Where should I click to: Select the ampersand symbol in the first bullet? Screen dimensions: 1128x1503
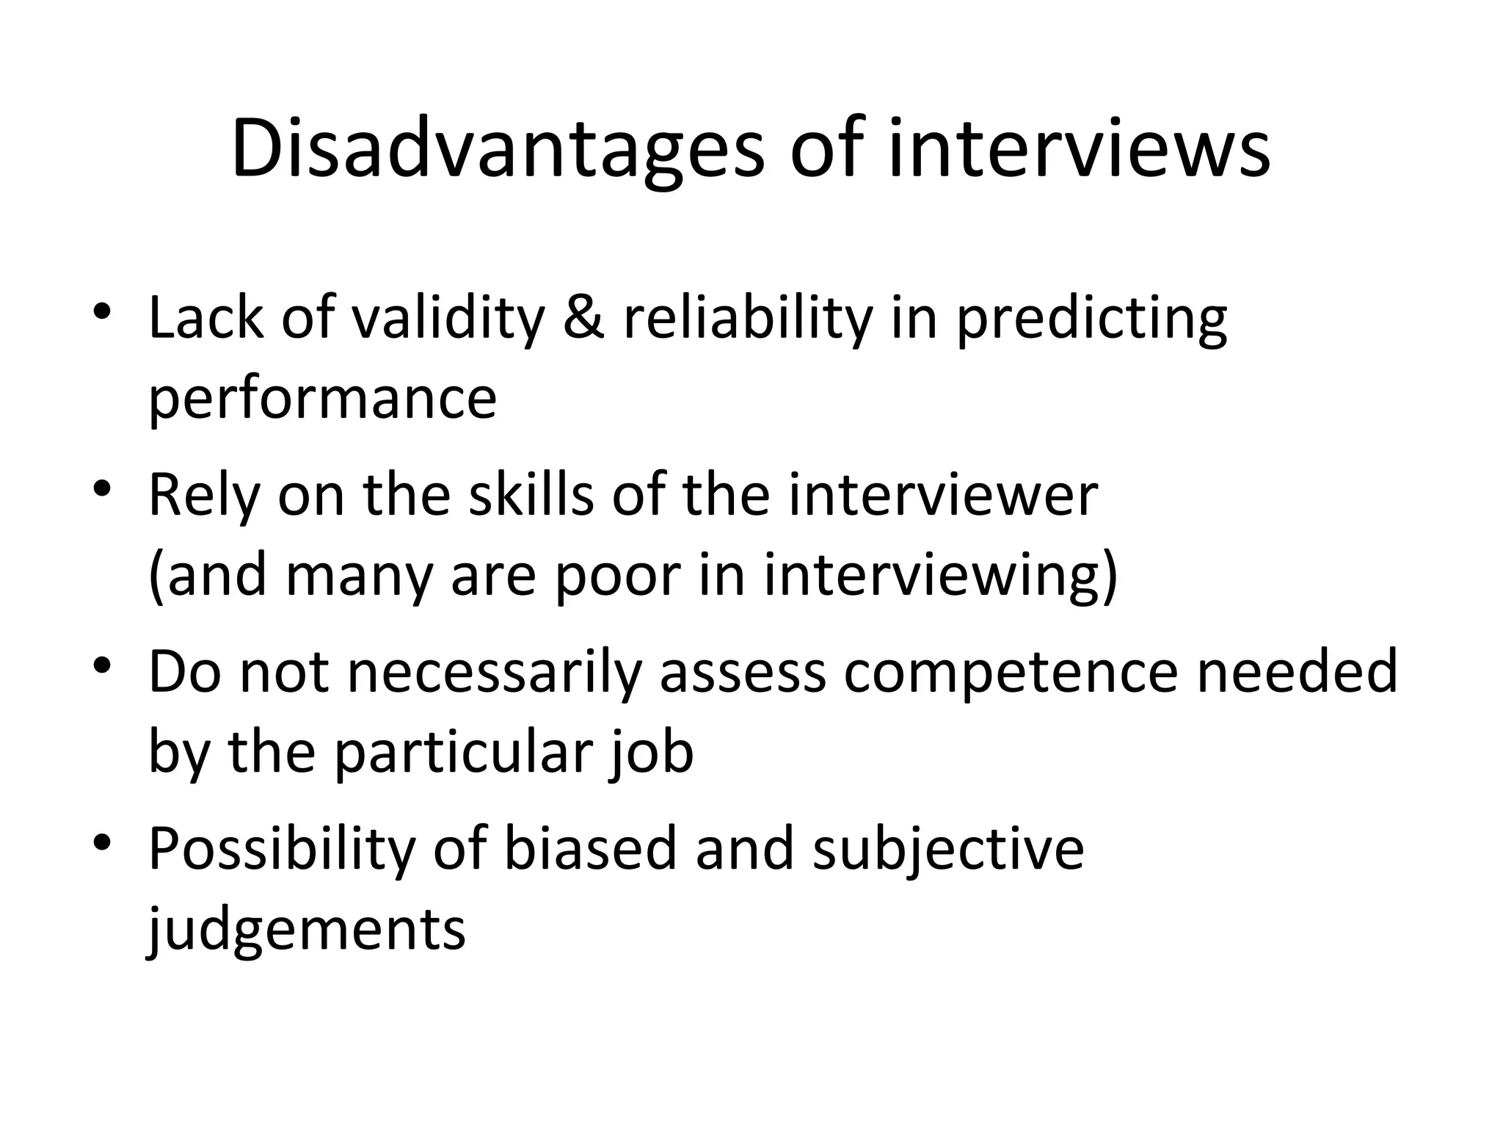[584, 319]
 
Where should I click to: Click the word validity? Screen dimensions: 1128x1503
[448, 319]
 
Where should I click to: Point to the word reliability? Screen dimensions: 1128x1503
[748, 319]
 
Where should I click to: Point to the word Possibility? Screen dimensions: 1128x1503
[282, 849]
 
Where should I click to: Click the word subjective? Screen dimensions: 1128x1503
[948, 849]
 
